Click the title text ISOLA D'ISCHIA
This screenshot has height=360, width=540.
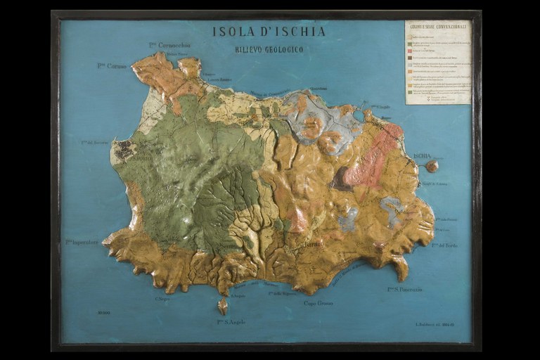(x=269, y=32)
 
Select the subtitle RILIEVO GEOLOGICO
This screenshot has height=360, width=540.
(x=269, y=49)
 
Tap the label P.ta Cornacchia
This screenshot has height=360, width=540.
(x=169, y=45)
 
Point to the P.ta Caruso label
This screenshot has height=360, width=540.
(x=110, y=65)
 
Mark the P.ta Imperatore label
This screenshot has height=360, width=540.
(x=82, y=242)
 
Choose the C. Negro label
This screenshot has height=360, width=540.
(x=162, y=298)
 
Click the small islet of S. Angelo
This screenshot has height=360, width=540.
(x=223, y=307)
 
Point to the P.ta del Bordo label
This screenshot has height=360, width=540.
(x=444, y=245)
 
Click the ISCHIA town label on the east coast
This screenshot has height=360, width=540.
(x=422, y=155)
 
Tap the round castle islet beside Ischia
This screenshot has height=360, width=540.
(x=432, y=166)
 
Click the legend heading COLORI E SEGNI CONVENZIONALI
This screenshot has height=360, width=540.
(x=437, y=27)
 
